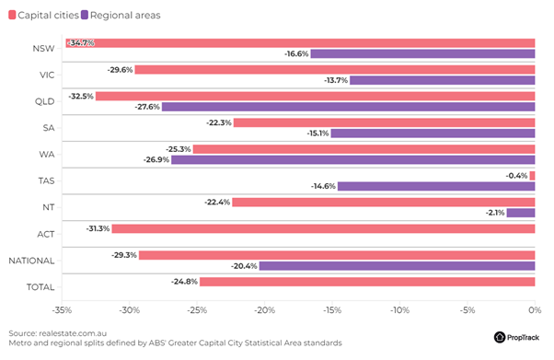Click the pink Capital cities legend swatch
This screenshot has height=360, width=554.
[x=12, y=15]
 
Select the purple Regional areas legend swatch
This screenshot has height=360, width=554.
[x=85, y=15]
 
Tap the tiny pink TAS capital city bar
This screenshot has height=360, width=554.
[x=533, y=176]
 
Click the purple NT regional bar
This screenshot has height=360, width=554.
[x=521, y=213]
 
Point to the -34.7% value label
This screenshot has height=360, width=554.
[x=81, y=43]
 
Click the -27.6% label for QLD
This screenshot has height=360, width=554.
[x=147, y=107]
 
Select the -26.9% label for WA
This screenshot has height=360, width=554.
[x=156, y=160]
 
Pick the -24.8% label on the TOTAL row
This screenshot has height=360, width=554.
[x=184, y=282]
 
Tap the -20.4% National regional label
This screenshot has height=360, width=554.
[x=244, y=266]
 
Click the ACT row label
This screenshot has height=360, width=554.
[x=46, y=234]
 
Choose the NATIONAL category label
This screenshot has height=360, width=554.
[x=31, y=261]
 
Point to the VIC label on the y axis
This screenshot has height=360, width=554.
[x=47, y=75]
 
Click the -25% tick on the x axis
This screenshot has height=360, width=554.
[x=197, y=310]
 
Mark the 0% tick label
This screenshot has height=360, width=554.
[x=535, y=310]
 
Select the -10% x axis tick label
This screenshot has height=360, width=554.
[x=399, y=310]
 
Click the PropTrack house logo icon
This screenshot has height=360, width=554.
[x=500, y=337]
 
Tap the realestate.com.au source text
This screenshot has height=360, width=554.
[x=73, y=333]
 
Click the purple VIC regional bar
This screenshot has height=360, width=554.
[x=443, y=80]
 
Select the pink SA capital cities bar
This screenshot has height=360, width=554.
[x=385, y=122]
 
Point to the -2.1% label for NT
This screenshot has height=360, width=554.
[x=495, y=213]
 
